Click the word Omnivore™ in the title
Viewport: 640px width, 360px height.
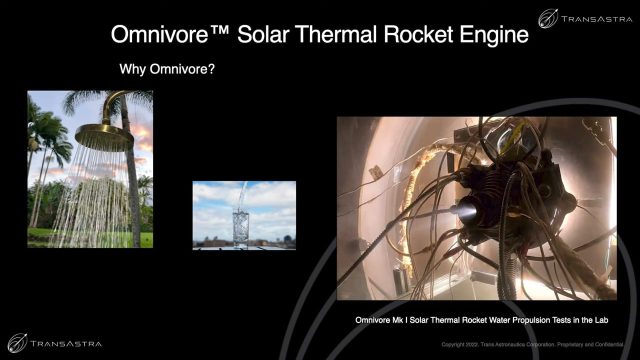point(170,34)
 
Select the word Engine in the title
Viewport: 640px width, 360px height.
point(494,35)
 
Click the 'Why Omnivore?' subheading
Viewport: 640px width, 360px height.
point(167,69)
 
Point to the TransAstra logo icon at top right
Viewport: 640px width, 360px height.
point(548,18)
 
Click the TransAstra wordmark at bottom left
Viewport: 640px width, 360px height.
point(65,343)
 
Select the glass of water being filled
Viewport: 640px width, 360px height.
point(241,228)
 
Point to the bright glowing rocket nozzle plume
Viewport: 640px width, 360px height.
point(464,211)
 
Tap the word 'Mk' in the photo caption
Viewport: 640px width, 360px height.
point(397,320)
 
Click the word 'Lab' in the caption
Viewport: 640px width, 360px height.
point(601,320)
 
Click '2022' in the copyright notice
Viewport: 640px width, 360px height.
point(472,344)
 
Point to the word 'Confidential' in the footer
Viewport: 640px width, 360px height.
point(610,344)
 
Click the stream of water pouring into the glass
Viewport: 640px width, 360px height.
point(242,196)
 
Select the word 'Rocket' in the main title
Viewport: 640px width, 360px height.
point(418,34)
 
